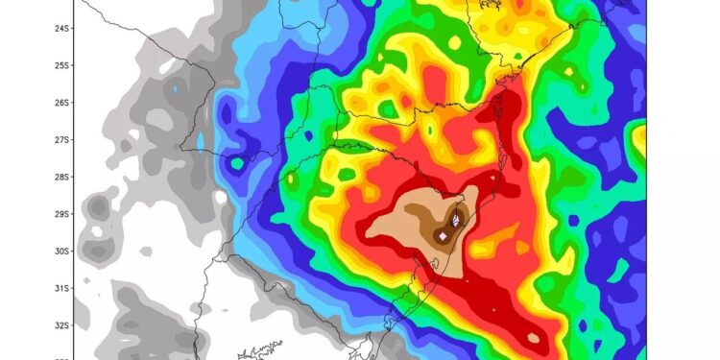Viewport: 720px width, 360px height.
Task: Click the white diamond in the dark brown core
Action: tap(443, 235)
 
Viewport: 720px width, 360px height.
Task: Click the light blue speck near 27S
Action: tap(200, 141)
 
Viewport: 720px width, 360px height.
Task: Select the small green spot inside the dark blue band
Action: tap(236, 164)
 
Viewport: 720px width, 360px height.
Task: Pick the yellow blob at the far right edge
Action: tap(639, 141)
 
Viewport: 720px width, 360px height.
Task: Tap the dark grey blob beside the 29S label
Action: tap(96, 207)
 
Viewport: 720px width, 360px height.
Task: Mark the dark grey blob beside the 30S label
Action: tap(96, 252)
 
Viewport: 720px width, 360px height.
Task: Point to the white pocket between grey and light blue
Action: tap(220, 198)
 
